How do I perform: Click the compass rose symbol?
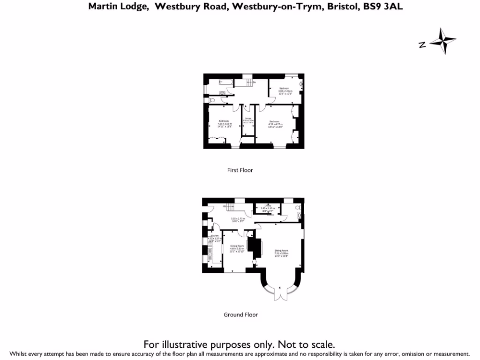[x=442, y=41]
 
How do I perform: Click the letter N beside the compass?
[x=422, y=45]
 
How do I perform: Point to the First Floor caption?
[x=240, y=170]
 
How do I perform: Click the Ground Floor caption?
[x=240, y=315]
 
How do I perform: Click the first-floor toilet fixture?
[x=211, y=100]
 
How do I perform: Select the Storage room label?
[x=247, y=120]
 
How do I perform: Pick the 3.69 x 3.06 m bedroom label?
[x=285, y=91]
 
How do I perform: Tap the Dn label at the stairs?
[x=255, y=83]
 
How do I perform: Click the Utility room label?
[x=268, y=207]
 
